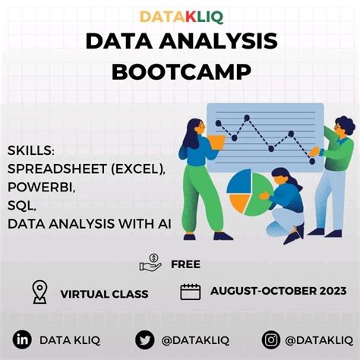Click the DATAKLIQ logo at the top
click(179, 15)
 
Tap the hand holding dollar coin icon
click(150, 264)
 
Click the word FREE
click(186, 264)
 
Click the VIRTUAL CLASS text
click(104, 294)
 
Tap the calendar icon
click(191, 292)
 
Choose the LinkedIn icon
click(23, 339)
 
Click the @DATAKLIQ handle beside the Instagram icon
click(317, 339)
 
